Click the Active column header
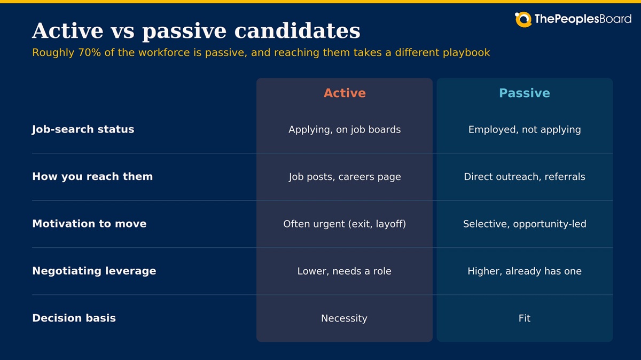(345, 93)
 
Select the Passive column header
(525, 93)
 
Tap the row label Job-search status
(83, 129)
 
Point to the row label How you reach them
(92, 177)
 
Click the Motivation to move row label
(89, 223)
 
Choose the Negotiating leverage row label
(94, 271)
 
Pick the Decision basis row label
(74, 318)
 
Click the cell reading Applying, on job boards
(345, 130)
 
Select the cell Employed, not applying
(525, 130)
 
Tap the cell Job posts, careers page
(345, 177)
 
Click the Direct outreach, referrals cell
(525, 177)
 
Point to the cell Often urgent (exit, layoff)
(345, 224)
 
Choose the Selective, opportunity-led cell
(525, 224)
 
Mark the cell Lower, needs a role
(344, 271)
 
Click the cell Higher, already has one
(525, 271)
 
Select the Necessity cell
(344, 318)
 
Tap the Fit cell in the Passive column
(525, 318)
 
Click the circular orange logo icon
(523, 19)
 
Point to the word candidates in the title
(298, 30)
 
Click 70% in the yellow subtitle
(89, 53)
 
